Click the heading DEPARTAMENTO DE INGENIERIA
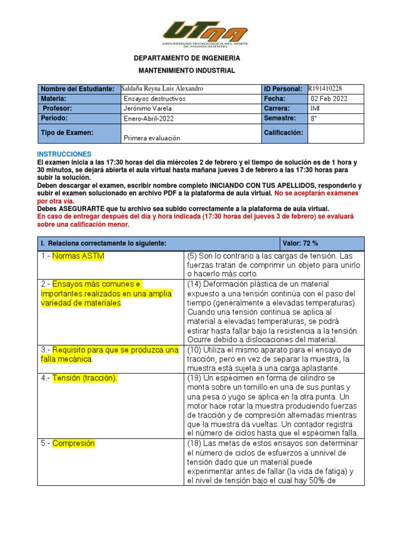click(x=187, y=58)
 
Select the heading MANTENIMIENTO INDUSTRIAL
click(x=187, y=71)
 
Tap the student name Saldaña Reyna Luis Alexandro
click(x=162, y=89)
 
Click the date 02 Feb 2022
click(x=329, y=99)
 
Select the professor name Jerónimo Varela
click(x=148, y=109)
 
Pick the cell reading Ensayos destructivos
click(x=154, y=99)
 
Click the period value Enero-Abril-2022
click(x=149, y=119)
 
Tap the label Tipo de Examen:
click(x=67, y=133)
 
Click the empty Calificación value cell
click(x=336, y=133)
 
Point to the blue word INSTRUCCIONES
click(x=64, y=155)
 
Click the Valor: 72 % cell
click(x=300, y=243)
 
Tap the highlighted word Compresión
click(x=74, y=443)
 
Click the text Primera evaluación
click(x=152, y=138)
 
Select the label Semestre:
click(x=281, y=119)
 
